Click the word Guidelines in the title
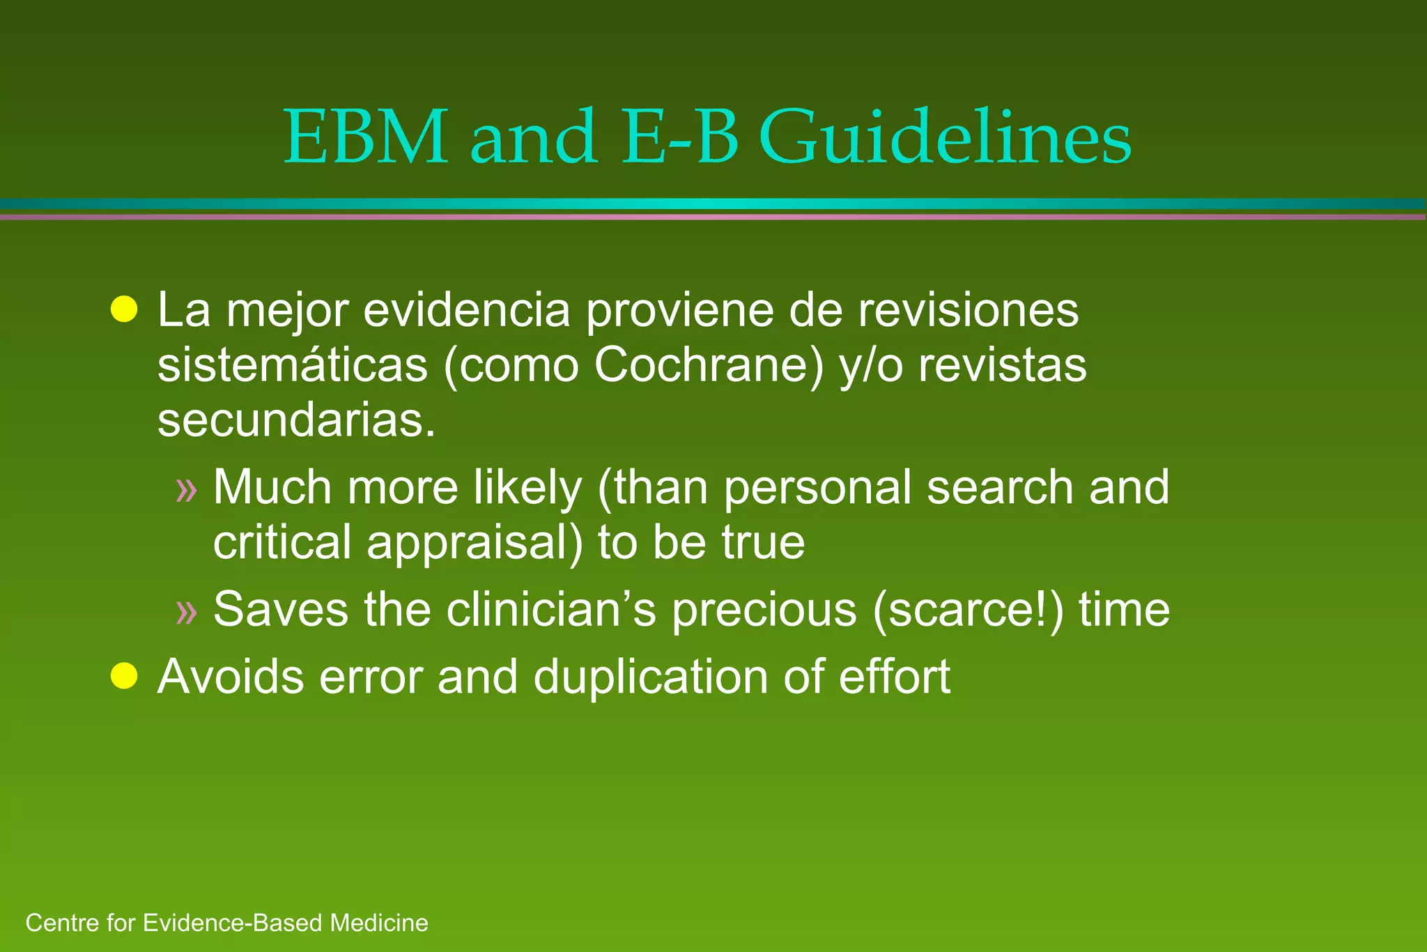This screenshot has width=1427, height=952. (x=946, y=138)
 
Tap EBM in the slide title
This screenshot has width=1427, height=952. (x=367, y=138)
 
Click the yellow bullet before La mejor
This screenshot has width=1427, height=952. (x=124, y=309)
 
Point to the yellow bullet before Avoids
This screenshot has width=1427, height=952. (x=124, y=675)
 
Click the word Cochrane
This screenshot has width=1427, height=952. (x=709, y=365)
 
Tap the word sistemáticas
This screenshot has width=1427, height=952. (x=292, y=365)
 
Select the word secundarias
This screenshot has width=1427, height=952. (x=296, y=421)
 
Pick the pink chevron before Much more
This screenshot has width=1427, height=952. (x=187, y=490)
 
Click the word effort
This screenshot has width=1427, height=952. (x=894, y=677)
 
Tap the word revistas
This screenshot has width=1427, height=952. (x=1002, y=365)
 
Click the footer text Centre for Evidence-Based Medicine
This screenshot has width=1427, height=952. (x=226, y=923)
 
